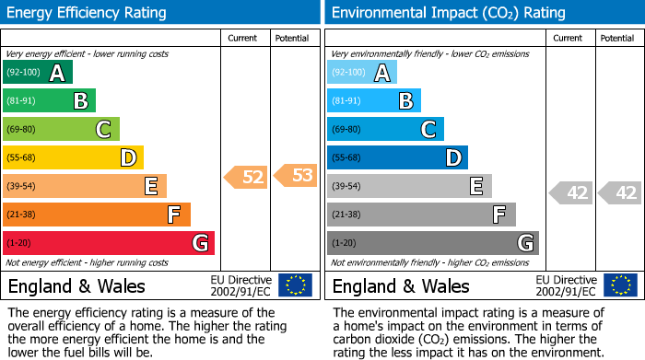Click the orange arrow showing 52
tap(246, 177)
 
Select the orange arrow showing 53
tap(295, 175)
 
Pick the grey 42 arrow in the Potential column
tap(620, 193)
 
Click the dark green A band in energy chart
tap(37, 73)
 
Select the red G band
tap(108, 243)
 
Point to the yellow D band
tap(73, 157)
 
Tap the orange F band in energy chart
tap(96, 215)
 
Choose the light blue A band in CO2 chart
tap(361, 73)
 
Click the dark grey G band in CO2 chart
tap(432, 243)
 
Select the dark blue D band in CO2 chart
tap(397, 157)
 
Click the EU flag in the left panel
tap(295, 285)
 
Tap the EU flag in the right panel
tap(620, 285)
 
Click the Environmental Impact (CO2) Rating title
tap(448, 13)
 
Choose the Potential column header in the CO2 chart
tap(617, 38)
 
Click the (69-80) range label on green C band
tap(22, 130)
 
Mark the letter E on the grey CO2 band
tap(475, 186)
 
